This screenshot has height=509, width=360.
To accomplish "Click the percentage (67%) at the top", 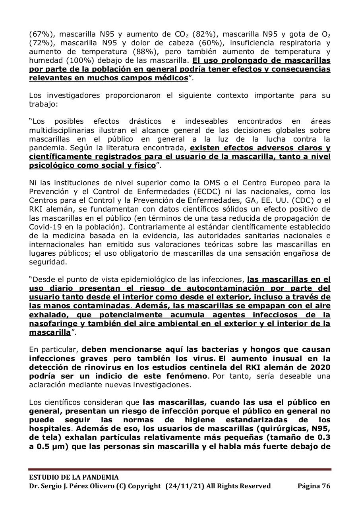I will [39, 34].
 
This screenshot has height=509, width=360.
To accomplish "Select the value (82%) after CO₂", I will [203, 34].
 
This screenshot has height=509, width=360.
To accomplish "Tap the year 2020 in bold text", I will [321, 367].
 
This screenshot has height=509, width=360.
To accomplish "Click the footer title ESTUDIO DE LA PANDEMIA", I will [74, 477].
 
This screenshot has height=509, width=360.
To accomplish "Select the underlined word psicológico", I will [50, 165].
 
